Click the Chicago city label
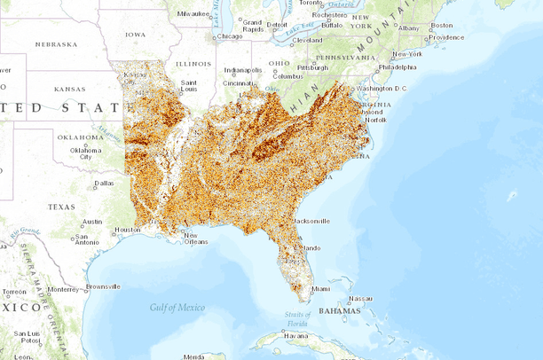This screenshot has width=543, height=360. [230, 36]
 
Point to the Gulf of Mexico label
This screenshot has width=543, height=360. [177, 307]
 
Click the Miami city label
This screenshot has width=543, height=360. [319, 288]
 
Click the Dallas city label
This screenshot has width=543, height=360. [104, 184]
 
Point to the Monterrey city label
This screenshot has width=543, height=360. [63, 289]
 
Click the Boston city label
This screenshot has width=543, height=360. [441, 25]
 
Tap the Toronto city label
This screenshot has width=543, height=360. [311, 4]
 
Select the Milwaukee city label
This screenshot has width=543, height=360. [193, 14]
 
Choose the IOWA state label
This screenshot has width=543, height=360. [136, 35]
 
